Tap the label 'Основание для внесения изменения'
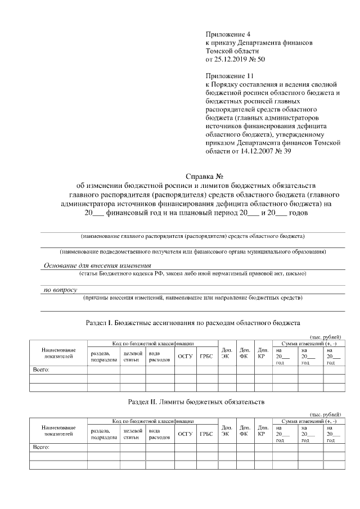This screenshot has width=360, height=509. (x=97, y=265)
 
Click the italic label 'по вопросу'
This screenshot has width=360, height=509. (x=60, y=290)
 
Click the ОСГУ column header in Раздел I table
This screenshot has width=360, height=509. (x=185, y=355)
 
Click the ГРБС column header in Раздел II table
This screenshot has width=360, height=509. (x=206, y=434)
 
